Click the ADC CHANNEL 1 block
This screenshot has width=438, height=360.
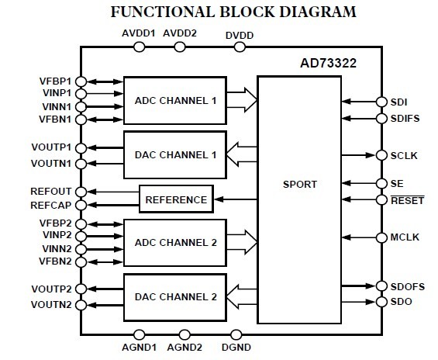tap(174, 99)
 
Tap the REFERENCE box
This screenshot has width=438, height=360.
tap(176, 199)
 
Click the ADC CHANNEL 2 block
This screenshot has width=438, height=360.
tap(174, 241)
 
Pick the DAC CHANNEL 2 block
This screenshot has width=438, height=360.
tap(174, 296)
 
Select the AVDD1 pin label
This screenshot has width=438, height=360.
tap(139, 33)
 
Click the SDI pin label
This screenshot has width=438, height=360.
tap(400, 102)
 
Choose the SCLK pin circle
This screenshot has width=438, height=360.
tap(381, 155)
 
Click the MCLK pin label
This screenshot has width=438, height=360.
tap(405, 237)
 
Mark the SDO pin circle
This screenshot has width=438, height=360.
tap(381, 300)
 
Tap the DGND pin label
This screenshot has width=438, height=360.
tap(236, 348)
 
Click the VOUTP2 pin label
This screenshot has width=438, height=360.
tap(52, 289)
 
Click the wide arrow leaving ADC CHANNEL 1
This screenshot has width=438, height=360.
tap(243, 99)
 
